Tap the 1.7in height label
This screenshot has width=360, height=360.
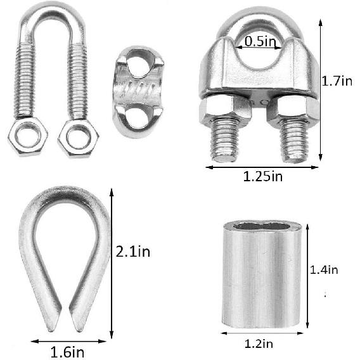click(337, 80)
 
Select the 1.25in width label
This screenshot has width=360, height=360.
click(262, 177)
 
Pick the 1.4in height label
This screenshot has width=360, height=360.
click(324, 269)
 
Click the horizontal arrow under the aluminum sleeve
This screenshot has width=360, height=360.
click(260, 332)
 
